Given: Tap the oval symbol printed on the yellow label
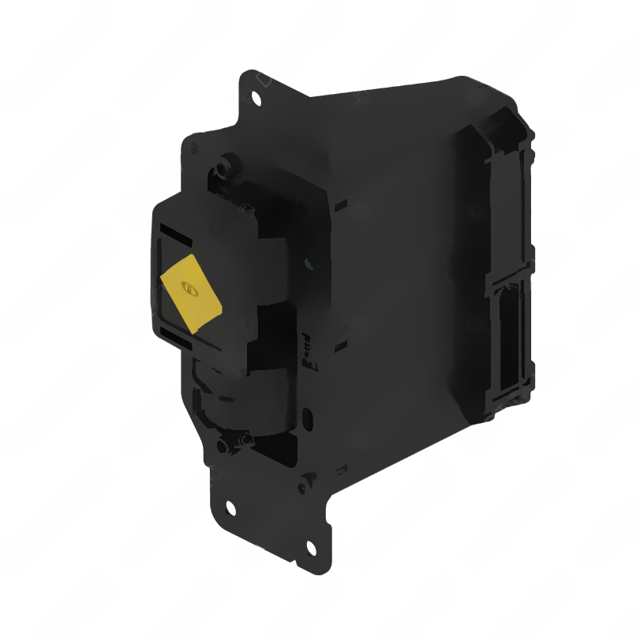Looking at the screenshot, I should pyautogui.click(x=189, y=289).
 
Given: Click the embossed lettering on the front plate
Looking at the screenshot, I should pyautogui.click(x=309, y=356).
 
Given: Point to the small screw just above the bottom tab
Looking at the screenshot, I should pyautogui.click(x=245, y=439).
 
